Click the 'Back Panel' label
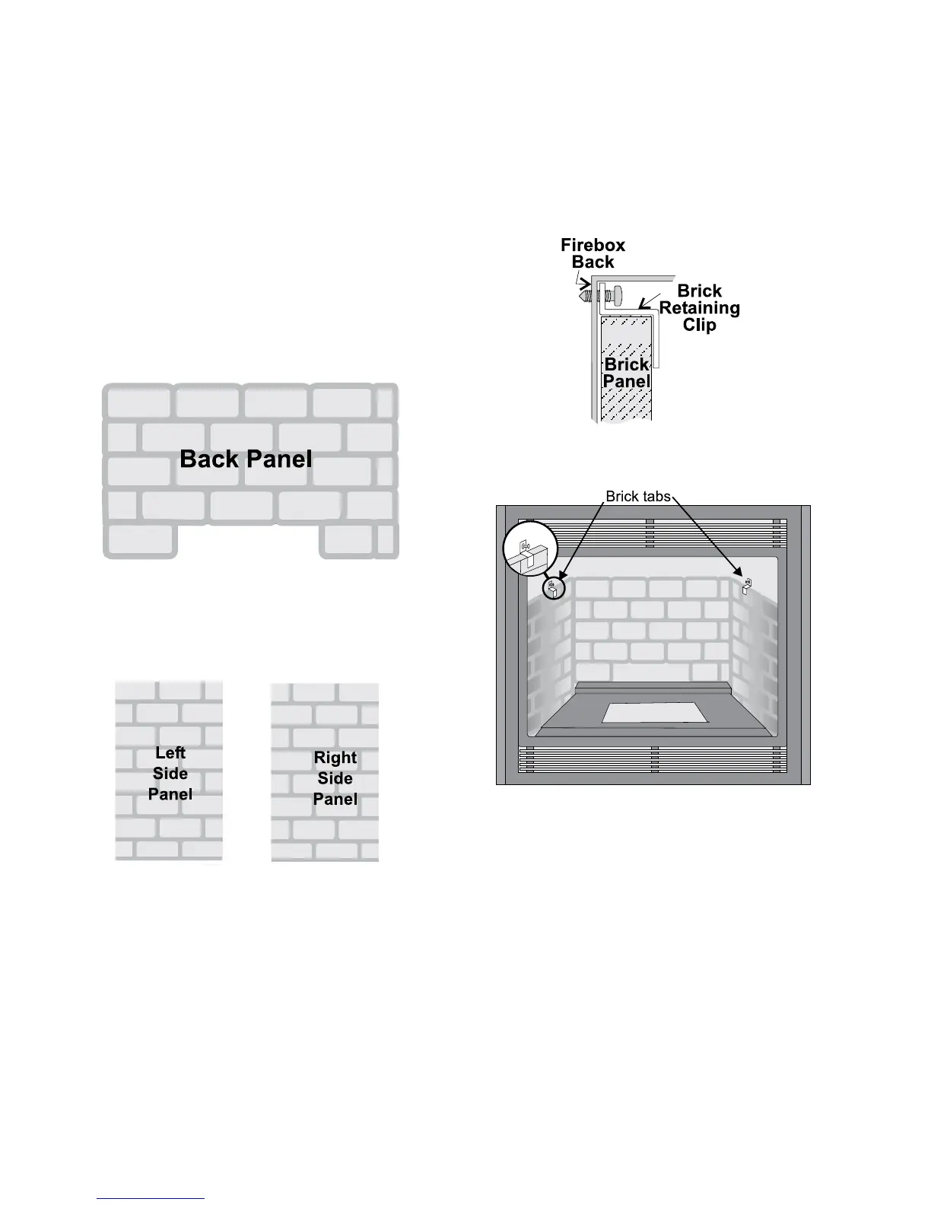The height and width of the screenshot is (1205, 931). point(246,459)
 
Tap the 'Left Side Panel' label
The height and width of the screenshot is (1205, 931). point(170,773)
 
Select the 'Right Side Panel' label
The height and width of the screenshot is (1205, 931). point(335,778)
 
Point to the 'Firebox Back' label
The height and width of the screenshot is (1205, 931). point(593,253)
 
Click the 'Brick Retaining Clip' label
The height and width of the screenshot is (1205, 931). point(699,308)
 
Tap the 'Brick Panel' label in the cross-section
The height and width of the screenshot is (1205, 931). point(627,373)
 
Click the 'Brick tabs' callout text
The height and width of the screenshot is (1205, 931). point(637,497)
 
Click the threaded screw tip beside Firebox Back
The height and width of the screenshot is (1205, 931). point(583,291)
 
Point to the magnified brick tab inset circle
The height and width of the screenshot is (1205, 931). point(530,548)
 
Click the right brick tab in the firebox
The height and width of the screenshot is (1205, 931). point(747,586)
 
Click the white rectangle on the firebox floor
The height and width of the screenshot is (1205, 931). point(654,713)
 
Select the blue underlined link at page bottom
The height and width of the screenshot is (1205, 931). point(151,1198)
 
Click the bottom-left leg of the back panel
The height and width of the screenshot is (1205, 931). point(141,541)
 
